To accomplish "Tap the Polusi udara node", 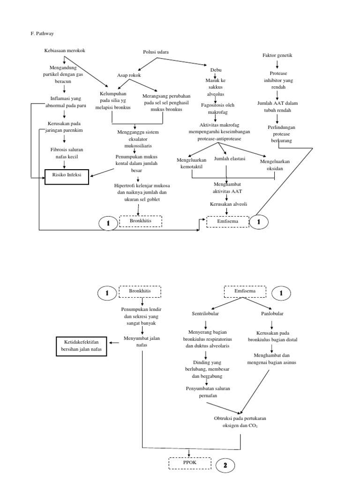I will (x=156, y=52).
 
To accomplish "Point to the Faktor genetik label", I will (x=277, y=55).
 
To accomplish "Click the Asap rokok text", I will (x=129, y=75).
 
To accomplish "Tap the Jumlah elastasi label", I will (x=230, y=159).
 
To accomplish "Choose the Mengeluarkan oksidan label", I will (x=275, y=165).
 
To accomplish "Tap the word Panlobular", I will (x=272, y=313).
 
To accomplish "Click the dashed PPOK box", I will (x=190, y=464).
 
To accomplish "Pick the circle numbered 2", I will (x=225, y=465).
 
